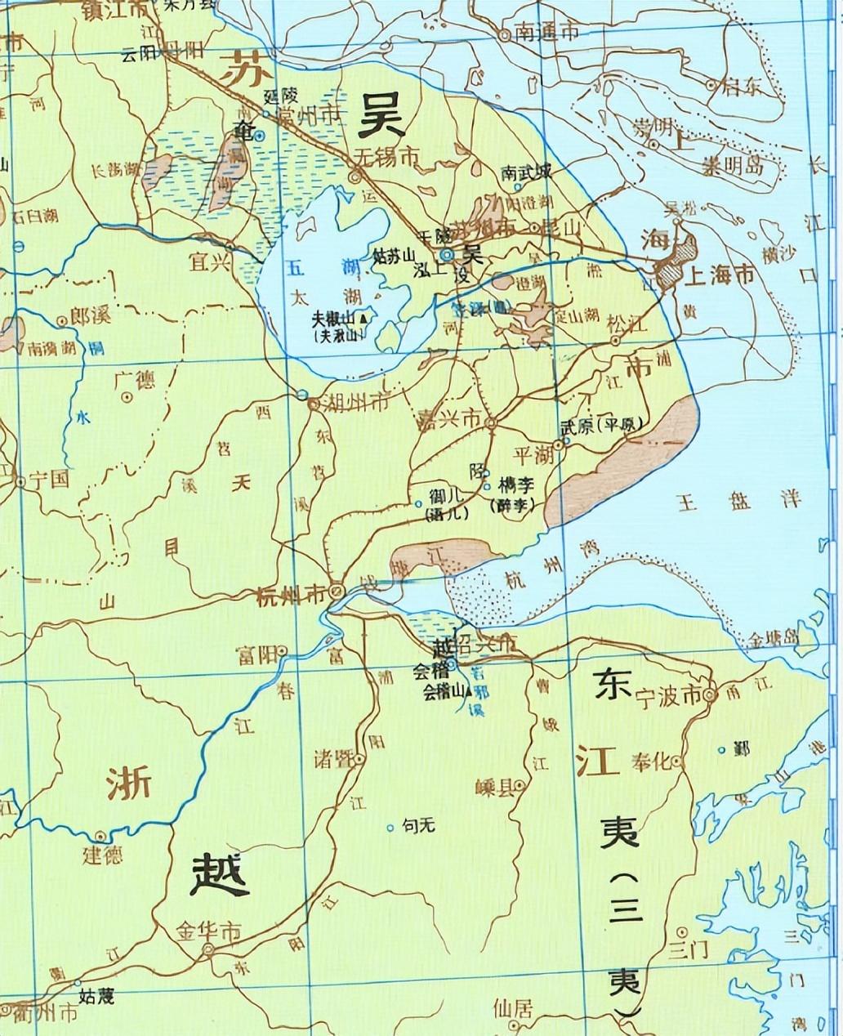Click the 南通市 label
coord(547,33)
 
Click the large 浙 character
coord(129,785)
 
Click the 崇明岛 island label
coord(733,166)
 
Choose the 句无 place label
coord(419,826)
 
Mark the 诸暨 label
coord(332,759)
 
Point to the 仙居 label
coord(513,1009)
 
